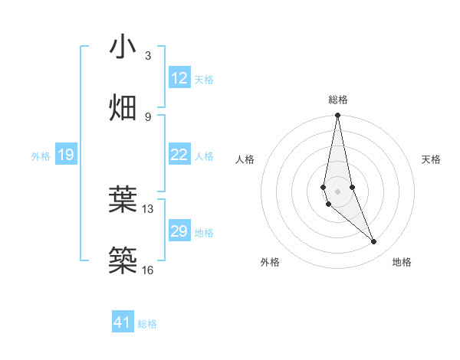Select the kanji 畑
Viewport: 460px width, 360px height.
coord(123,107)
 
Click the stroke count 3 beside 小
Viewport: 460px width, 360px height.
coord(148,56)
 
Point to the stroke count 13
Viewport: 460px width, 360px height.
coord(148,208)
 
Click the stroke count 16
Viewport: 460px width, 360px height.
coord(148,270)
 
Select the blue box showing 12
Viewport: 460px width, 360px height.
coord(179,78)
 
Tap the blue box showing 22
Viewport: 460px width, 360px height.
coord(179,155)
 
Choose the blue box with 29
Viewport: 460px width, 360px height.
coord(179,231)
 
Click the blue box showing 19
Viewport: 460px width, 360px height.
coord(65,155)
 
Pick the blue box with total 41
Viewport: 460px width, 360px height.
coord(123,322)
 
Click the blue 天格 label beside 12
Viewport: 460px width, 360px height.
coord(204,79)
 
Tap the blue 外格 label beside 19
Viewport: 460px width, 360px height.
coord(41,156)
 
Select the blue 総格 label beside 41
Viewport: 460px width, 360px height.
coord(147,324)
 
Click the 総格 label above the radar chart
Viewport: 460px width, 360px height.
coord(338,100)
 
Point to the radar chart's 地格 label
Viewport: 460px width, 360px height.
coord(402,263)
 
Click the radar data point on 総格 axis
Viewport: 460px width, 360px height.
coord(337,116)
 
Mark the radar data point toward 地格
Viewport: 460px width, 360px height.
coord(374,242)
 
